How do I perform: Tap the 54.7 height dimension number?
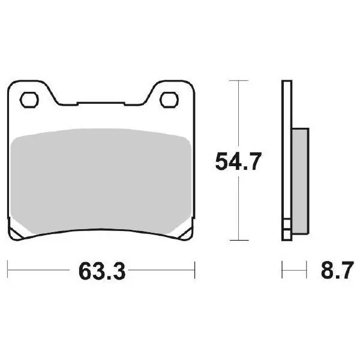[238, 161]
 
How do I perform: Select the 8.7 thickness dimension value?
[337, 270]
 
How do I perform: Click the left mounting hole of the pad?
[29, 100]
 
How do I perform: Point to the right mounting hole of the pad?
[169, 100]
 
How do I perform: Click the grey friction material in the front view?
[101, 181]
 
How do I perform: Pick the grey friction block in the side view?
[301, 181]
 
